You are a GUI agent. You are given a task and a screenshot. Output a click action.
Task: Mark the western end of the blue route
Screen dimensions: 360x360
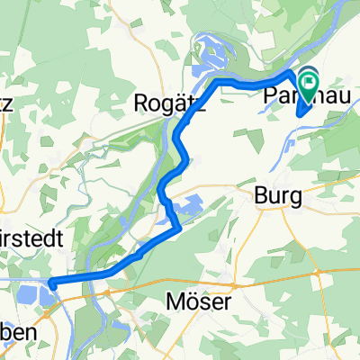click(52, 284)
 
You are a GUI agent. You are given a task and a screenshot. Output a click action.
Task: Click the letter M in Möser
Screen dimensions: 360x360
click(175, 302)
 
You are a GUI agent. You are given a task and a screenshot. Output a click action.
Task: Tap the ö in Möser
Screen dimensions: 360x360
click(192, 302)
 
